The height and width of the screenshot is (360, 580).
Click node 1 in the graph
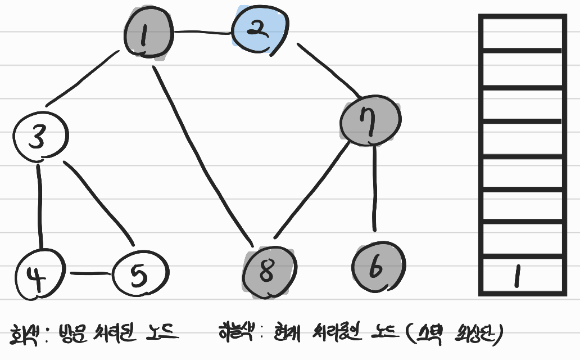[x=146, y=35]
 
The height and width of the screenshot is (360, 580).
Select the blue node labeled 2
[x=260, y=31]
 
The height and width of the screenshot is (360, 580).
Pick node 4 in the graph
[x=39, y=274]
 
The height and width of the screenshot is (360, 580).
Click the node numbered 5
[x=140, y=274]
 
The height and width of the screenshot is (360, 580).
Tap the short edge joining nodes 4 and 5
[x=90, y=274]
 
